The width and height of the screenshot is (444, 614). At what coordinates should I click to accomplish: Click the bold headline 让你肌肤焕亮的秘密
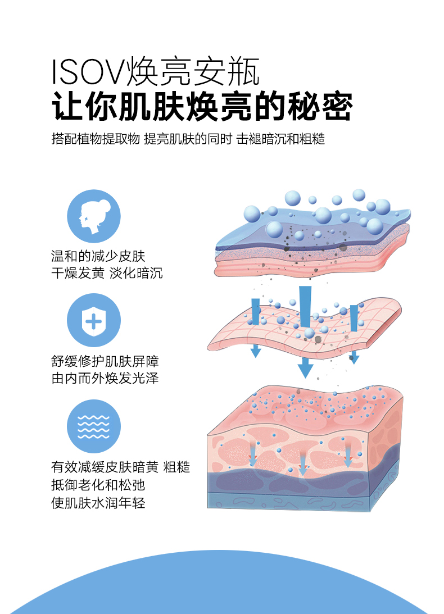click(202, 105)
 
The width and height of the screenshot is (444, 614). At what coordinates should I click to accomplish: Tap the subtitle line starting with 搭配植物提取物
click(188, 139)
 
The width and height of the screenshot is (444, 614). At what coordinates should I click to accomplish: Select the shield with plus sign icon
click(93, 320)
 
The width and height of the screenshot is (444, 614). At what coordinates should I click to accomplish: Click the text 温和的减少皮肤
click(98, 257)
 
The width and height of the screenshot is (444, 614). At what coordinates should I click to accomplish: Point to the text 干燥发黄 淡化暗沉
click(107, 274)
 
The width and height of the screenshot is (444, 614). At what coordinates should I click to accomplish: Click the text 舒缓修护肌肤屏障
click(105, 361)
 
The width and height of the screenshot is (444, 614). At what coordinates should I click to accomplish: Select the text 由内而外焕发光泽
click(105, 378)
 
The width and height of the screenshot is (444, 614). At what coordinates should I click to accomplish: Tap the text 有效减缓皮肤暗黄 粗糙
click(120, 467)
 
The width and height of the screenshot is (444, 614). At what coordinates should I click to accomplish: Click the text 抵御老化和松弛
click(98, 484)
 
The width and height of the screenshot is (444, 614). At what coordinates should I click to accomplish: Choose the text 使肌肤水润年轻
click(98, 502)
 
